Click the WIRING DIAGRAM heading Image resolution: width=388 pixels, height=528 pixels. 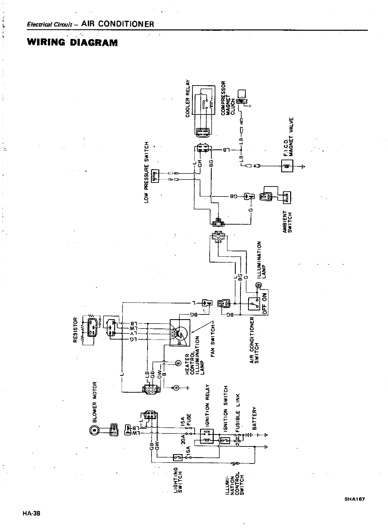coord(72,42)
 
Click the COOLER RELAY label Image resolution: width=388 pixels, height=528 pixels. coord(188,99)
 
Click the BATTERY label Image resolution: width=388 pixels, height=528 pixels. coord(254,418)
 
